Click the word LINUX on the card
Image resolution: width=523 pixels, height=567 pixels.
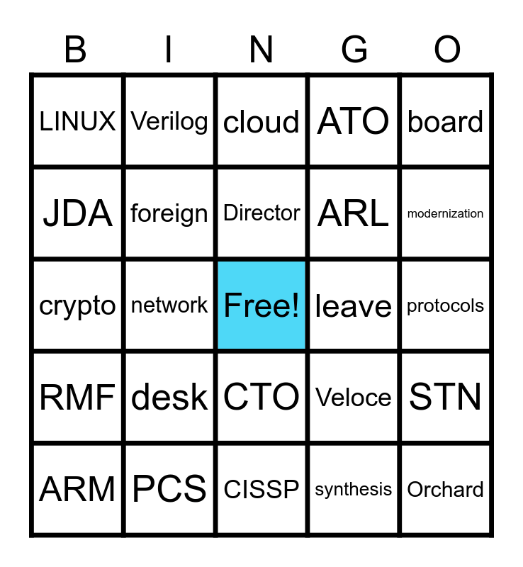coord(77,122)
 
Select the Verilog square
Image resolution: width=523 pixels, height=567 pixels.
coord(169,122)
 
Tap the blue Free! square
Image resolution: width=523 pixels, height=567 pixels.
coord(261,305)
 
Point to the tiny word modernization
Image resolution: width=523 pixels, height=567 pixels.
coord(445,213)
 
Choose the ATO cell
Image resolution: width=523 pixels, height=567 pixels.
coord(354,122)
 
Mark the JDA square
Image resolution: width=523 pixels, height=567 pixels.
coord(77,213)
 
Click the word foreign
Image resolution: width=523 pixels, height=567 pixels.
coord(169,213)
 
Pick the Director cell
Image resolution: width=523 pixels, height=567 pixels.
coord(261,213)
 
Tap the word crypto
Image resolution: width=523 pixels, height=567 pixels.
coord(77,305)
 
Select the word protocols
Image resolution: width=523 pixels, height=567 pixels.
coord(445,305)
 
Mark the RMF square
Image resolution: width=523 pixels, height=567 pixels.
coord(77,397)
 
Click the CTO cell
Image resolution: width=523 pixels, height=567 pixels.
coord(261,397)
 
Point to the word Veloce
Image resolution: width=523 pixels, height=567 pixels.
coord(354,397)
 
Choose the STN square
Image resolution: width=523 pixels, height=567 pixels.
coord(445,397)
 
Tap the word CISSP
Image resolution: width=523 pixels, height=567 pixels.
coord(261,489)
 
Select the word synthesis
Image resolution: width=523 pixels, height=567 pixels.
coord(354,489)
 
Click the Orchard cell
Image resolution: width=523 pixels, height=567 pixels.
coord(445,489)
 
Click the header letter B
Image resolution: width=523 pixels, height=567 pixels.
coord(76,50)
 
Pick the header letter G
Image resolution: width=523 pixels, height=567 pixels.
coord(354,50)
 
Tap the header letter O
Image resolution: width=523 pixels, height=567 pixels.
coord(447,50)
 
